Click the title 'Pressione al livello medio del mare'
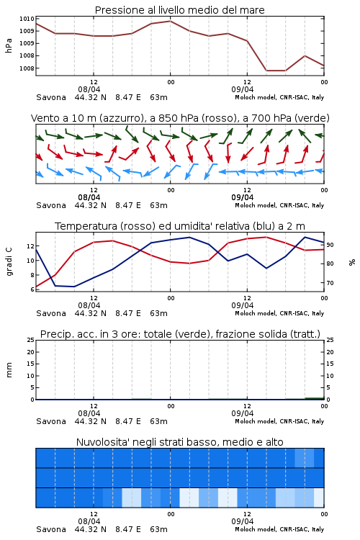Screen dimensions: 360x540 [179, 10]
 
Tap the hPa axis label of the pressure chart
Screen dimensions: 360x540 [9, 46]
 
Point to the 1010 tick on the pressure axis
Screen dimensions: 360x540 [27, 19]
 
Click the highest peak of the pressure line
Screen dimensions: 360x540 [170, 21]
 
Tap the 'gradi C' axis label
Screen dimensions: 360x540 [9, 261]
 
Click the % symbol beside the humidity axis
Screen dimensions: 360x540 [352, 262]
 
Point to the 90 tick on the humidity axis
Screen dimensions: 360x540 [330, 245]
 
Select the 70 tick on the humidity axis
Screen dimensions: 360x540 [330, 283]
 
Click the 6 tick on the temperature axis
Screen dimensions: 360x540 [32, 289]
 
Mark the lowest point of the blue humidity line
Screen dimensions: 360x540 [74, 287]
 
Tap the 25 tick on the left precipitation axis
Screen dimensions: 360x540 [31, 340]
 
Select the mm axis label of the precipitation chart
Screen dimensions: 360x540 [9, 370]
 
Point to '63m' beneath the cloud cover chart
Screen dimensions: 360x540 [159, 529]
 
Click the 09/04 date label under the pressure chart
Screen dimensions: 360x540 [243, 89]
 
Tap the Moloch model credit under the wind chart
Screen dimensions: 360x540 [279, 205]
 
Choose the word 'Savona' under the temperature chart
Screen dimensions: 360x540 [51, 313]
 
